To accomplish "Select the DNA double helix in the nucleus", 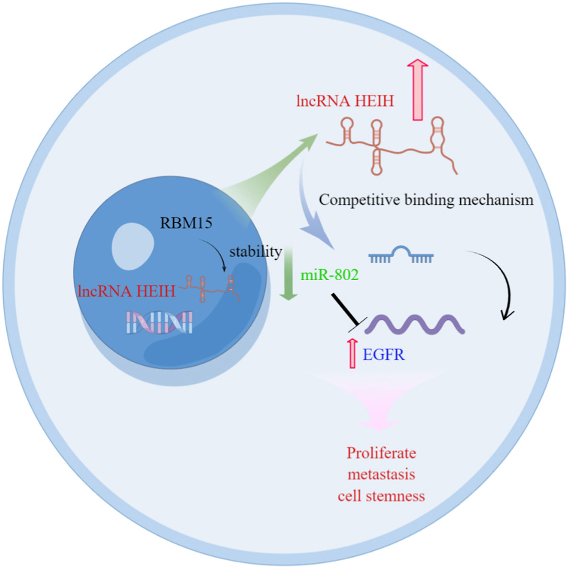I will pyautogui.click(x=157, y=322).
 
